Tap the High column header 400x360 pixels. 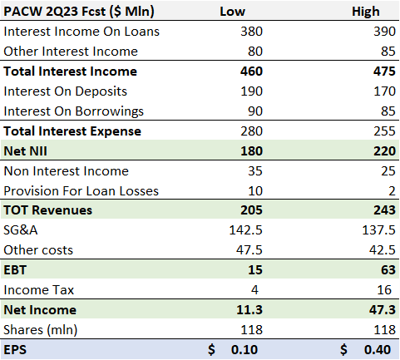click(366, 12)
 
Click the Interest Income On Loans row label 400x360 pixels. click(81, 32)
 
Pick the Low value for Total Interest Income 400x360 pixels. click(251, 72)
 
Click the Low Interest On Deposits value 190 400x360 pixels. click(251, 91)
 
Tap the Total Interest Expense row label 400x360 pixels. click(73, 131)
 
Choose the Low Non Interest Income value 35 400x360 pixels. click(254, 171)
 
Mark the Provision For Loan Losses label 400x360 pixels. click(81, 191)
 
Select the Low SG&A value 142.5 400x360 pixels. click(247, 231)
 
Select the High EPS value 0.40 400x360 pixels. click(377, 350)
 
